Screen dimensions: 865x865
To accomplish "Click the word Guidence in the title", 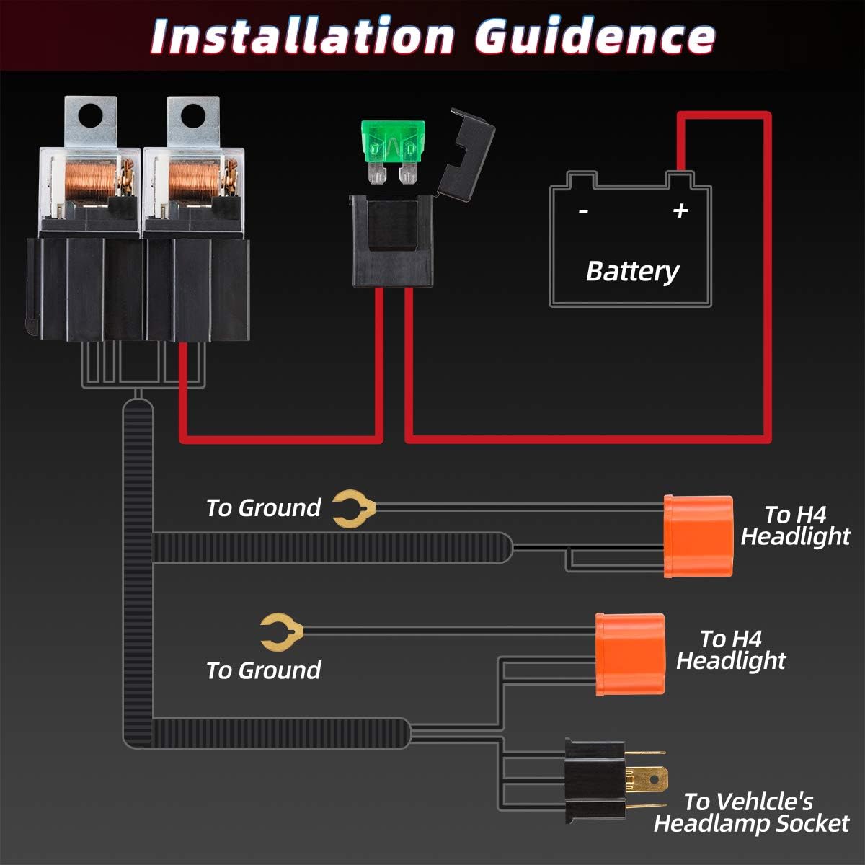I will coord(595,36).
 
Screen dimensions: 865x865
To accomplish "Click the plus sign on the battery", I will coord(680,210).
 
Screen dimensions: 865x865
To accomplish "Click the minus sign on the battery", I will coord(584,211).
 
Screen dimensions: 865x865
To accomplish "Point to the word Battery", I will coord(632,271).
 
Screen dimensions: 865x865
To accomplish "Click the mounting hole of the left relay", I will coord(91,113).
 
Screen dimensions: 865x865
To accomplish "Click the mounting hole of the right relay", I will coord(192,113).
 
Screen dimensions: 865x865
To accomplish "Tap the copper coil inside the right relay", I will coord(193,179).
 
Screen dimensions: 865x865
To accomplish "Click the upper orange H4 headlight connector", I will coord(698,536).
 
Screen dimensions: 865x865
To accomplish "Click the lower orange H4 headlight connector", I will coord(629,655).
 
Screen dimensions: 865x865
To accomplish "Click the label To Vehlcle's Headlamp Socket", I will coord(751,812).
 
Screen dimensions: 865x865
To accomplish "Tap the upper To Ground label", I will coord(263,508).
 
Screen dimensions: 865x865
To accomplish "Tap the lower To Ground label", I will coord(263,670).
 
